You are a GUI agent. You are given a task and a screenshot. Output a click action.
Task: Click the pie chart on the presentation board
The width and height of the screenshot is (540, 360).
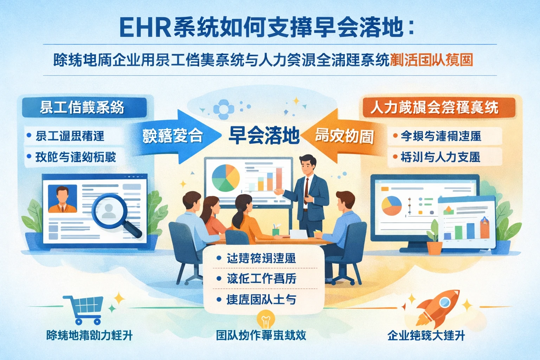[225, 178]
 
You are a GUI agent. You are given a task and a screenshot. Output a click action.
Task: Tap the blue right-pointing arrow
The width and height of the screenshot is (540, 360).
[176, 136]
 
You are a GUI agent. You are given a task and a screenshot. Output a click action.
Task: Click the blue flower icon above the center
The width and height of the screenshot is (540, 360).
[224, 109]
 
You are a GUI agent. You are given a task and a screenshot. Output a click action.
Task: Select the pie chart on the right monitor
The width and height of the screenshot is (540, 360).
[391, 206]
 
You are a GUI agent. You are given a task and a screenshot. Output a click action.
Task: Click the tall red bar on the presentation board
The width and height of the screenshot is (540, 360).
[279, 179]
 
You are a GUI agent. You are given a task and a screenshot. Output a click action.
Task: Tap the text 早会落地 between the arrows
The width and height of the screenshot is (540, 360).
[264, 136]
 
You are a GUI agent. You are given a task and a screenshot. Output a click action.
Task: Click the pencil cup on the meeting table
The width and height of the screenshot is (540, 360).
[276, 231]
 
